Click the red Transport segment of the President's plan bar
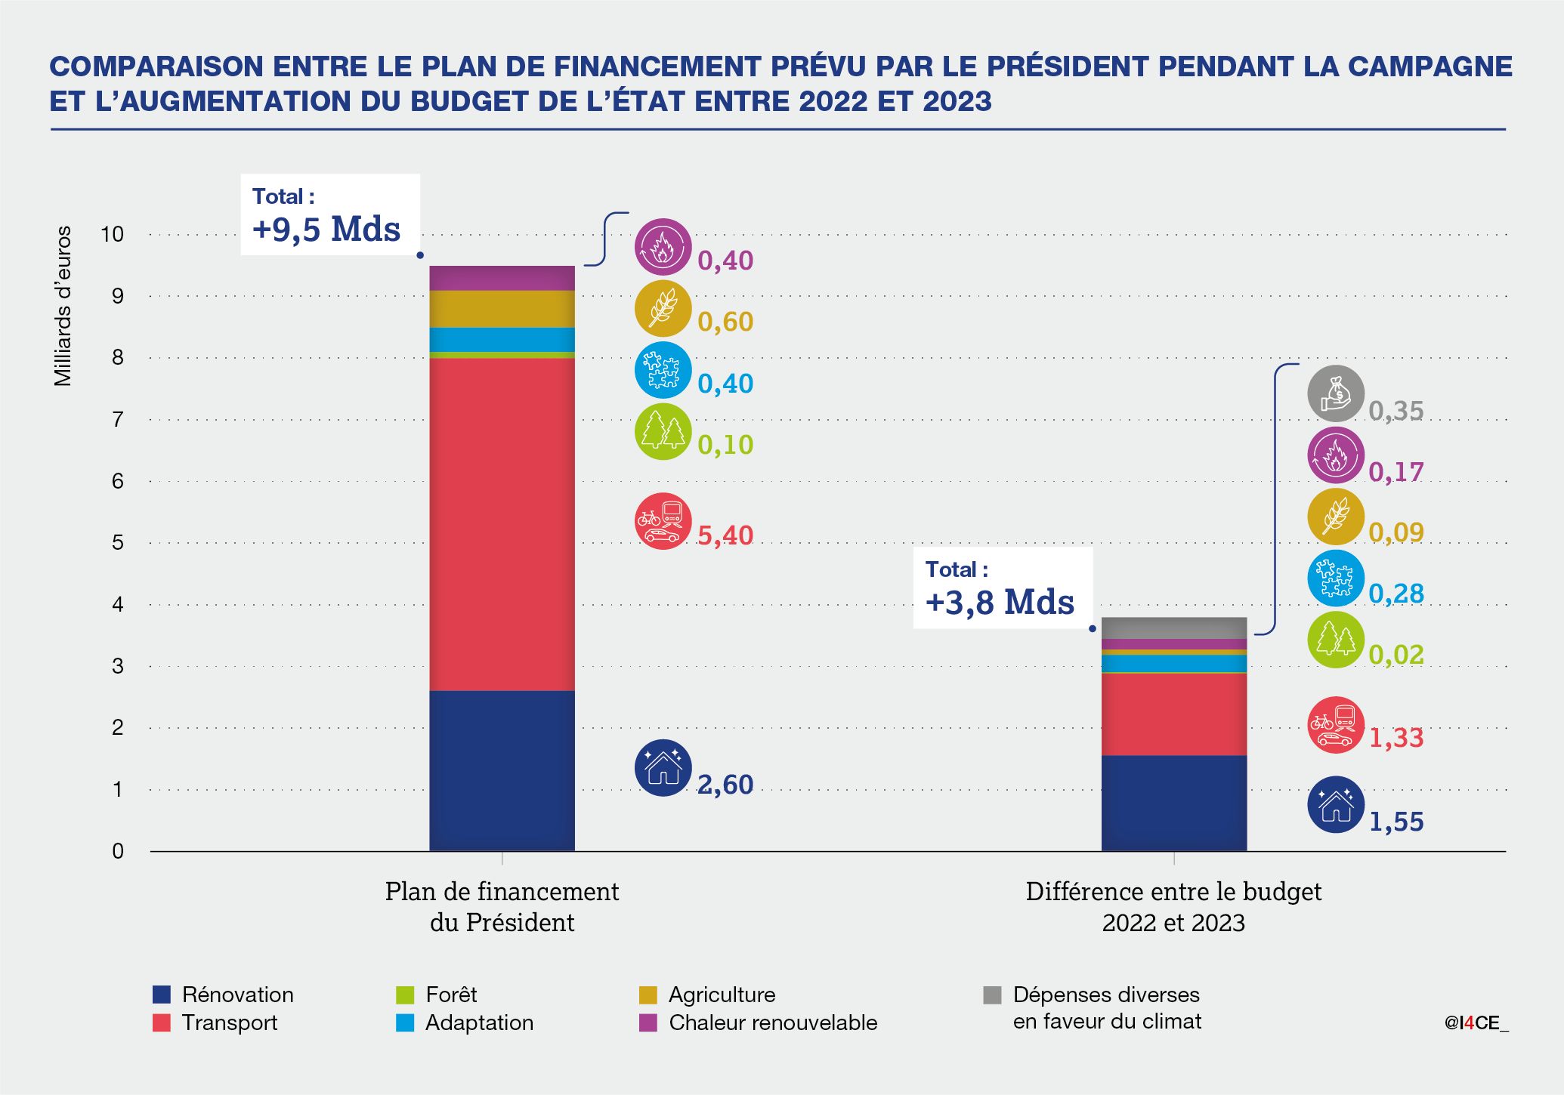[502, 524]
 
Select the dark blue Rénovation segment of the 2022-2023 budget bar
[1173, 803]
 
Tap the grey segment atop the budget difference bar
[1173, 628]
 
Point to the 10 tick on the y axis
[112, 234]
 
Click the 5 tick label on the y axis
[117, 542]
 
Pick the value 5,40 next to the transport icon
[725, 535]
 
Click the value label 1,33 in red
[1396, 738]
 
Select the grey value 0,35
[1396, 411]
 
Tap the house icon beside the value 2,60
[663, 767]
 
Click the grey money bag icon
[1336, 393]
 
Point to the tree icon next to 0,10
[663, 431]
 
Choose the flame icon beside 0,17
[1336, 455]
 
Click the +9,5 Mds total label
[326, 229]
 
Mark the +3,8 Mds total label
[1000, 602]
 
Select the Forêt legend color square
[405, 995]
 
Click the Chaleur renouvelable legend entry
[772, 1023]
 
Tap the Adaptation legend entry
[479, 1023]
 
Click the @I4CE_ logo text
[1476, 1023]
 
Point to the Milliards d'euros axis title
[63, 306]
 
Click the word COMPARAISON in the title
[156, 66]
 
